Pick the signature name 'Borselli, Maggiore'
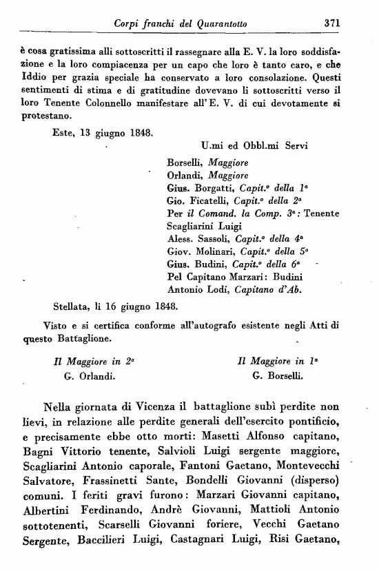[207, 163]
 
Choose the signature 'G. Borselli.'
[277, 377]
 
